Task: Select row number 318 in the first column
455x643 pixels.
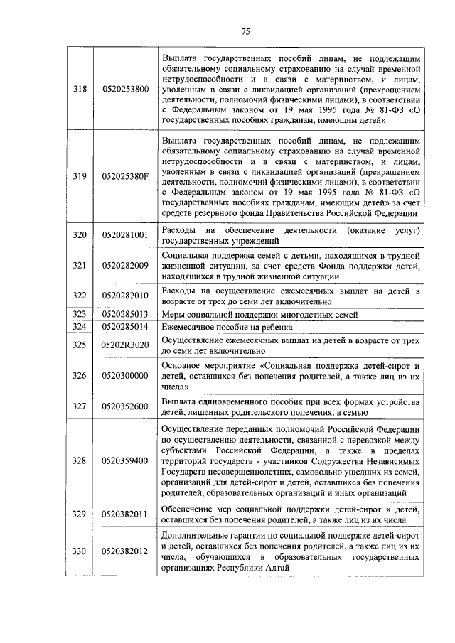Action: pos(80,89)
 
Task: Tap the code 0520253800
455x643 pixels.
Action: pos(125,89)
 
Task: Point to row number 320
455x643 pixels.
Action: pos(80,234)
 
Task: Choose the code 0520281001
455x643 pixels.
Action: pos(125,234)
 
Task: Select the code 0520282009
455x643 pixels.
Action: pos(125,265)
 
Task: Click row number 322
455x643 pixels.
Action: pos(80,296)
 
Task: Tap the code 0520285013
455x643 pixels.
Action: pos(125,314)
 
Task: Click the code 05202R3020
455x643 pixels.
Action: pos(125,345)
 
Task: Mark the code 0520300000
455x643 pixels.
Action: pos(125,375)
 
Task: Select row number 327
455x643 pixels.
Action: pos(80,406)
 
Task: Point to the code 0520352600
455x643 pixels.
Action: pos(125,406)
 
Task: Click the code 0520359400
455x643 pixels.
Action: pos(125,460)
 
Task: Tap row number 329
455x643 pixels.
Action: pos(80,514)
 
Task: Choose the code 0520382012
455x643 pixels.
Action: pos(125,551)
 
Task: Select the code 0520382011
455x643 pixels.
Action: pos(125,514)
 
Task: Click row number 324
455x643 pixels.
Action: pos(80,327)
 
